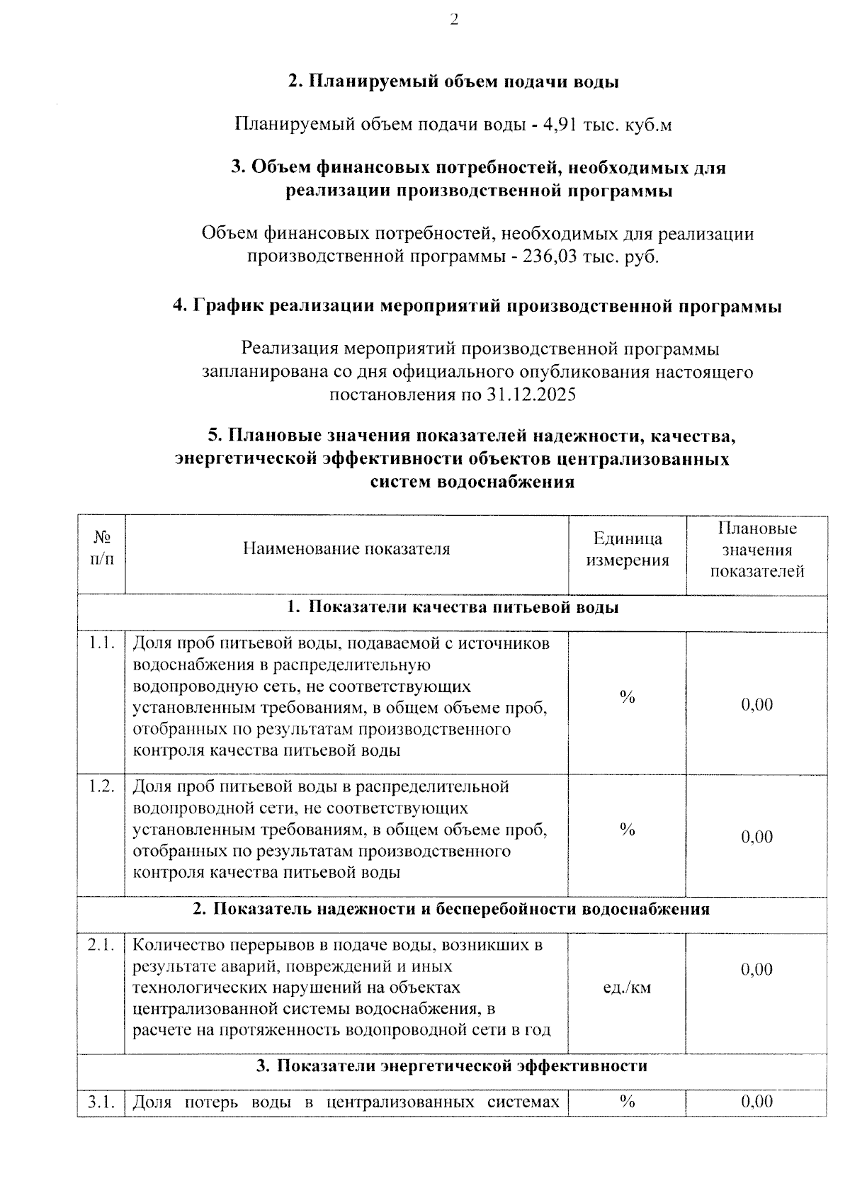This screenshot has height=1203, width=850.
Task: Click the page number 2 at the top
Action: [x=454, y=20]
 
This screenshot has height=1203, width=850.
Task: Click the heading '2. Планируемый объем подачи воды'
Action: [x=453, y=82]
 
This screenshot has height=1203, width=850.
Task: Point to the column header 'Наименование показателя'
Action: [x=346, y=549]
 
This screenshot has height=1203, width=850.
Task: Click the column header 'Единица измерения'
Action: [x=627, y=550]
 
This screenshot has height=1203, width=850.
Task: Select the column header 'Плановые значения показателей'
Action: [x=756, y=550]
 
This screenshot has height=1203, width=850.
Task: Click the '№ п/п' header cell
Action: [x=101, y=549]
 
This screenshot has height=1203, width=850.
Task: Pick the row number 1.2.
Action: [x=101, y=786]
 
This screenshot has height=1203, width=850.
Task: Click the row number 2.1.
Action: [x=101, y=944]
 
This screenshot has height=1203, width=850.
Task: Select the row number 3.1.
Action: [x=101, y=1102]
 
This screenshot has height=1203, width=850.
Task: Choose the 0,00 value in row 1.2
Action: [x=756, y=837]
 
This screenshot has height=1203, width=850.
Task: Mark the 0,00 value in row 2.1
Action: [x=756, y=970]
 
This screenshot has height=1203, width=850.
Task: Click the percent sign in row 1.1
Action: [x=627, y=697]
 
